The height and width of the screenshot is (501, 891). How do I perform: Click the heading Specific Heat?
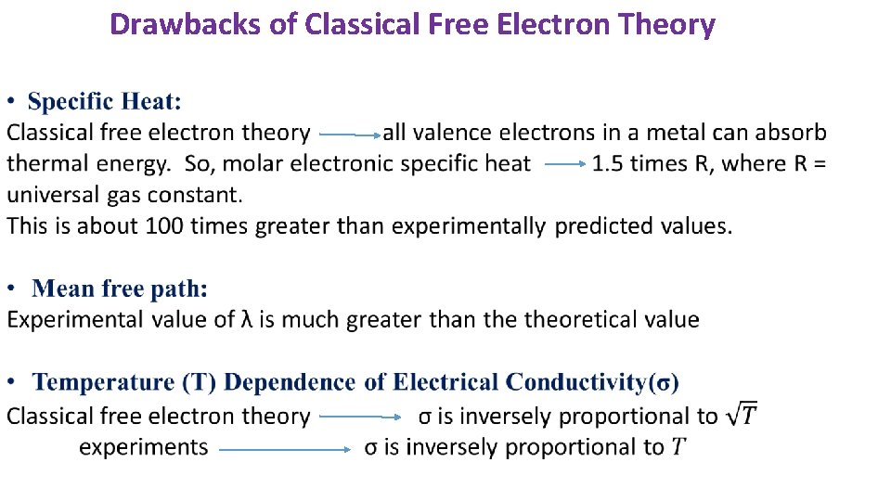pyautogui.click(x=105, y=101)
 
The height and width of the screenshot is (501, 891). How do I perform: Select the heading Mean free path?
pyautogui.click(x=120, y=289)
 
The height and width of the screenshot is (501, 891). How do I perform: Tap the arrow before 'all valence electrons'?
pyautogui.click(x=349, y=135)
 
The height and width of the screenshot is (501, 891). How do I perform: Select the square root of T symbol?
pyautogui.click(x=741, y=415)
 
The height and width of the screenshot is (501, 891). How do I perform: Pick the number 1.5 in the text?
pyautogui.click(x=608, y=164)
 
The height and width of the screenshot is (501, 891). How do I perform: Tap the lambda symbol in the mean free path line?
pyautogui.click(x=247, y=320)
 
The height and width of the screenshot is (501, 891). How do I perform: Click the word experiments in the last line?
pyautogui.click(x=144, y=447)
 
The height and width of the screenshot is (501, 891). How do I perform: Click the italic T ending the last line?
pyautogui.click(x=678, y=447)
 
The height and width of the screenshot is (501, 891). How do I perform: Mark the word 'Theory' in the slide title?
pyautogui.click(x=670, y=24)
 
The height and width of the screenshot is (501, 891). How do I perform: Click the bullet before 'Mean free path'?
pyautogui.click(x=12, y=289)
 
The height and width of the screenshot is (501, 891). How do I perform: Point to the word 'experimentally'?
pyautogui.click(x=468, y=225)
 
